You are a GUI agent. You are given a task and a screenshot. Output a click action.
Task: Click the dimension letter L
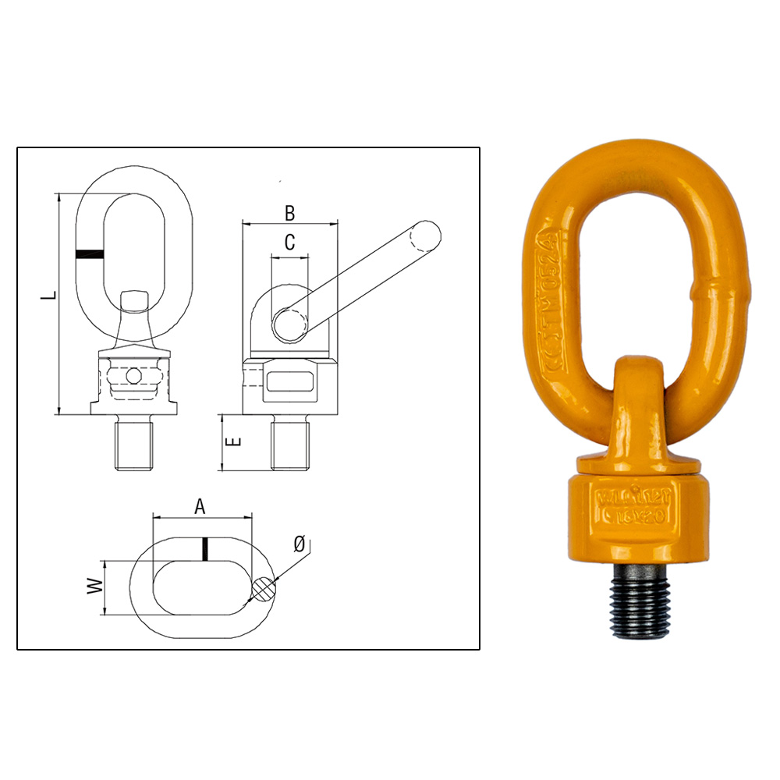pyautogui.click(x=48, y=297)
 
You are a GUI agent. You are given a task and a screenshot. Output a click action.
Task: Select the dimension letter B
pyautogui.click(x=289, y=212)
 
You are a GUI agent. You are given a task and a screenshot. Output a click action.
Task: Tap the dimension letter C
pyautogui.click(x=289, y=243)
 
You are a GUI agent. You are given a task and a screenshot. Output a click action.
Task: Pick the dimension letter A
pyautogui.click(x=200, y=507)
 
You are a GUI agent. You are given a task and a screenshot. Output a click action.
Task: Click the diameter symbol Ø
pyautogui.click(x=300, y=544)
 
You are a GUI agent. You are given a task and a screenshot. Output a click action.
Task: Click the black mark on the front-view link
pyautogui.click(x=90, y=253)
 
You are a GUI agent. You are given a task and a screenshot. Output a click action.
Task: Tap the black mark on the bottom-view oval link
pyautogui.click(x=204, y=548)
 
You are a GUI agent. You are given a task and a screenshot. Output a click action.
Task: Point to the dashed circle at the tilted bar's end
pyautogui.click(x=425, y=236)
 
